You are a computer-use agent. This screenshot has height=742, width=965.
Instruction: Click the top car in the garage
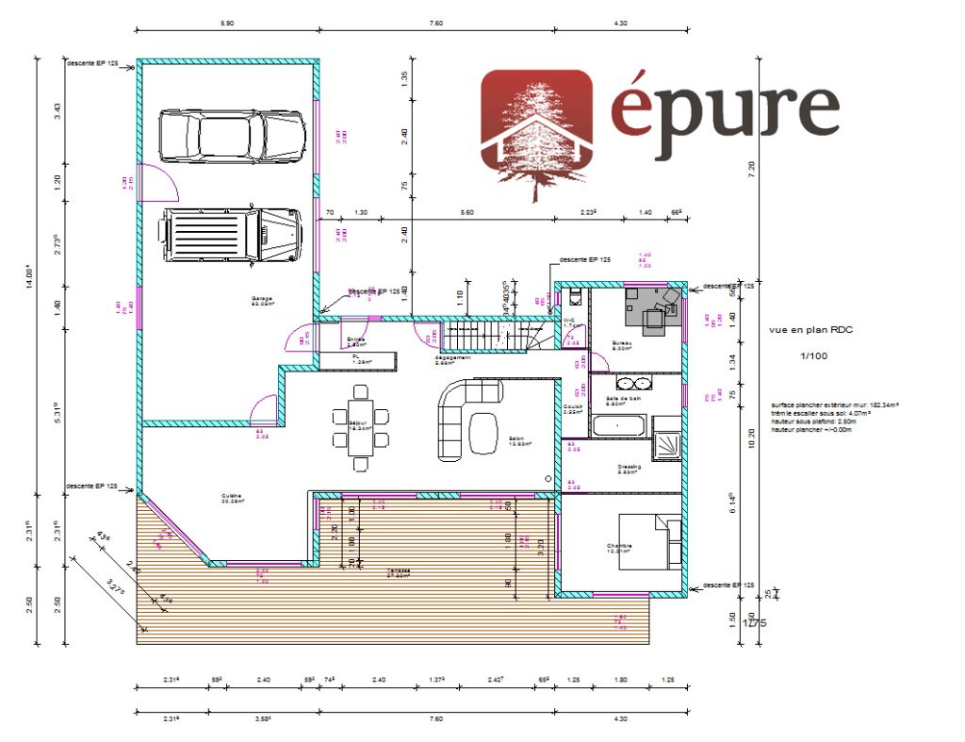pyautogui.click(x=232, y=136)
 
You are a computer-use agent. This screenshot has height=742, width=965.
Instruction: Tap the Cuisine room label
pyautogui.click(x=232, y=498)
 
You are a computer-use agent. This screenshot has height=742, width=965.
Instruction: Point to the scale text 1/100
pyautogui.click(x=812, y=355)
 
